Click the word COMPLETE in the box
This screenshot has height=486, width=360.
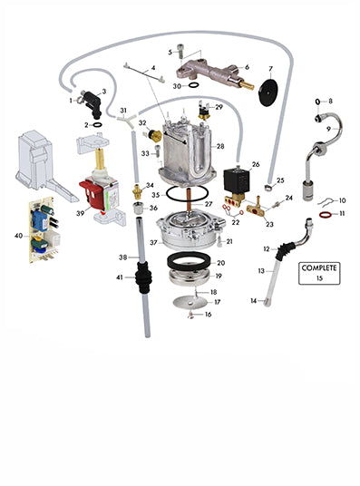coord(319,267)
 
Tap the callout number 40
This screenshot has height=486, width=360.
coord(19,236)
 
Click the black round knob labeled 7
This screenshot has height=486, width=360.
coord(268,92)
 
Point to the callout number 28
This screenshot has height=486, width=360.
coord(220,146)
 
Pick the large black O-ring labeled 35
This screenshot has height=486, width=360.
coord(187,193)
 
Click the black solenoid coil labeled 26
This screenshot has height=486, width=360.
coord(237,180)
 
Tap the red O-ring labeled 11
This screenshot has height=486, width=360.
coord(326,214)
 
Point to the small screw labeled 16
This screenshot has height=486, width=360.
coord(191,316)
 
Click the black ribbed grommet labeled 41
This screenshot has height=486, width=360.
coord(143,278)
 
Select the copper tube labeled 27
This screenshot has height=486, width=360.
coord(189,202)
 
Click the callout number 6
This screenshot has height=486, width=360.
coord(247,67)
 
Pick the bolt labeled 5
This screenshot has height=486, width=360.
coord(180,51)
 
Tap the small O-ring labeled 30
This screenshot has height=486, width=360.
coord(193,85)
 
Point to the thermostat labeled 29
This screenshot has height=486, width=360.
coord(204,112)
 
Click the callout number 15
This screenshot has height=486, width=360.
coord(319,278)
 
